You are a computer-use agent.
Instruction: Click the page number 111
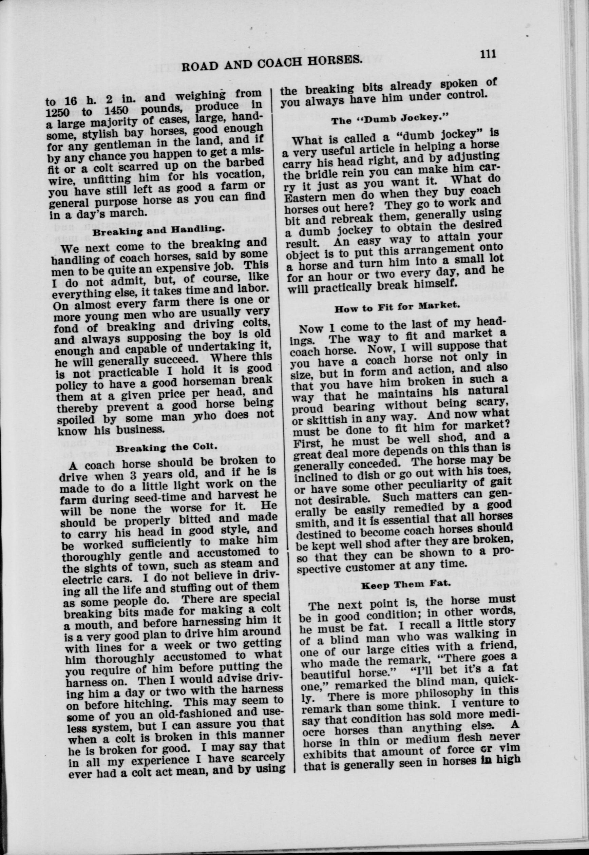tap(487, 54)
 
